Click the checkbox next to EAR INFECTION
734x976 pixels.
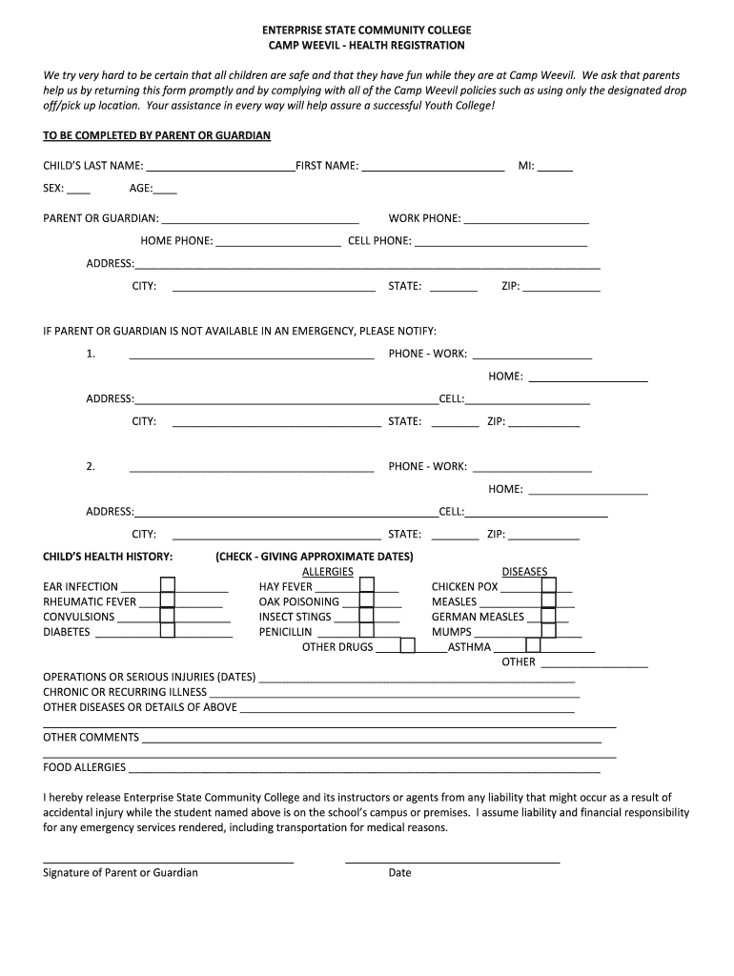point(167,585)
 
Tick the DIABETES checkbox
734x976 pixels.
point(167,630)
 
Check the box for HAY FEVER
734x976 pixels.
point(366,585)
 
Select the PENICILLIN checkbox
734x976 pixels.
point(366,630)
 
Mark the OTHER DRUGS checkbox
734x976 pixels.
point(407,646)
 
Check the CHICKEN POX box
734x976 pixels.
point(548,585)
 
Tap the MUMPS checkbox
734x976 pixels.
point(548,630)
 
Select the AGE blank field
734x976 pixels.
point(165,189)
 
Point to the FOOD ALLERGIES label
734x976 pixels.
point(84,767)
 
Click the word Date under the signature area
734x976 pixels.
point(399,873)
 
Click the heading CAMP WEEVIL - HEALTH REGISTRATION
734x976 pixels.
point(367,45)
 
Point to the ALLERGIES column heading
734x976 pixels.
point(327,571)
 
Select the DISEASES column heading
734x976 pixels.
point(524,571)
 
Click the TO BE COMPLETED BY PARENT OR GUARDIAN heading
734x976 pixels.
point(157,136)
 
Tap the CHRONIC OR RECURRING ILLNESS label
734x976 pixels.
point(125,692)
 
